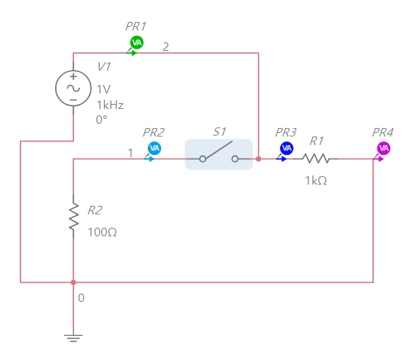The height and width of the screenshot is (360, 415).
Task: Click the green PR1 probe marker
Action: [x=137, y=42]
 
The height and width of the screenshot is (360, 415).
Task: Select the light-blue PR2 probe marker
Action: [x=154, y=148]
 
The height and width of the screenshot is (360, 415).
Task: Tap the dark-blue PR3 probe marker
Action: [x=286, y=148]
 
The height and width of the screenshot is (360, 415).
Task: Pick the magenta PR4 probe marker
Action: [x=383, y=148]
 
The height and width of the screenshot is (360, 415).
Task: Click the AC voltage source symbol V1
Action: [x=73, y=88]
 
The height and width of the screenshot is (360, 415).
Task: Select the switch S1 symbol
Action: [x=218, y=154]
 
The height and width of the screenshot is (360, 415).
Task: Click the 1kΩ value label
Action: [x=316, y=180]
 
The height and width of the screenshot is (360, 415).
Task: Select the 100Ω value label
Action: [x=103, y=231]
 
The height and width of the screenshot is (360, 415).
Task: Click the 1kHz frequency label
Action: [x=110, y=105]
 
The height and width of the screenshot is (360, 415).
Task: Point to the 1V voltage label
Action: [x=104, y=89]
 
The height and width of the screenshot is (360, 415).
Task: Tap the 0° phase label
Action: [x=102, y=120]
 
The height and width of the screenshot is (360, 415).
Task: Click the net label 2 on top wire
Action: [x=166, y=47]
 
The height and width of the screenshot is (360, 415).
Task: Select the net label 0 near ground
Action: [x=81, y=298]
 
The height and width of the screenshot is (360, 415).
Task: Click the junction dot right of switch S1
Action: [x=259, y=159]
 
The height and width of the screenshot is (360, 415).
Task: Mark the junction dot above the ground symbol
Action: [x=73, y=282]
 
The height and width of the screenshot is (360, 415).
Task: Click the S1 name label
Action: [x=220, y=132]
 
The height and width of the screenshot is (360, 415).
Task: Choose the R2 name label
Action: [x=95, y=210]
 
